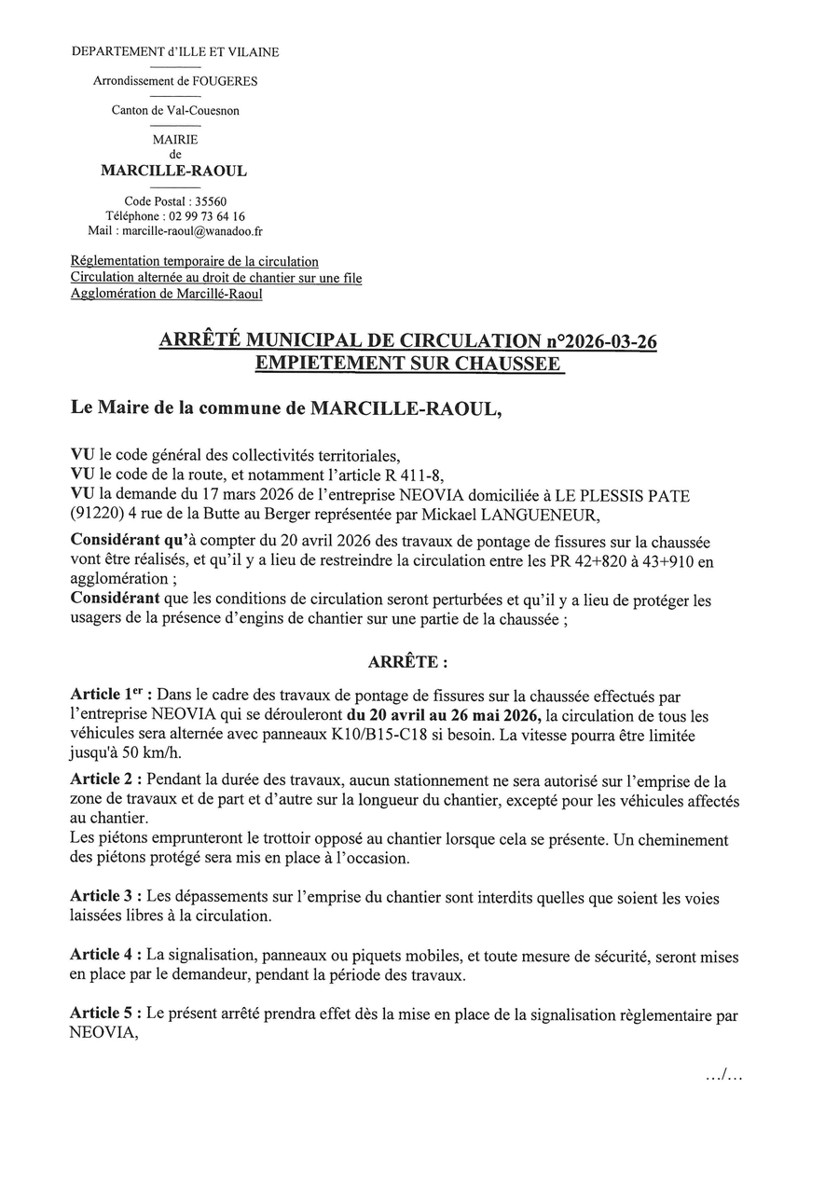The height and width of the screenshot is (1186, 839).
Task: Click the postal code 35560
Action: click(210, 201)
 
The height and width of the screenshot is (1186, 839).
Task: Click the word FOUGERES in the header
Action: click(226, 81)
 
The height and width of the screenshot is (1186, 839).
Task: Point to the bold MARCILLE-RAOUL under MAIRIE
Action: click(173, 172)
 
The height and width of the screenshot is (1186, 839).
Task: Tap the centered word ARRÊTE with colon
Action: click(407, 662)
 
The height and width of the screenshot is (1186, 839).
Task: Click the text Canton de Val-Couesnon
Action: click(175, 111)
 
